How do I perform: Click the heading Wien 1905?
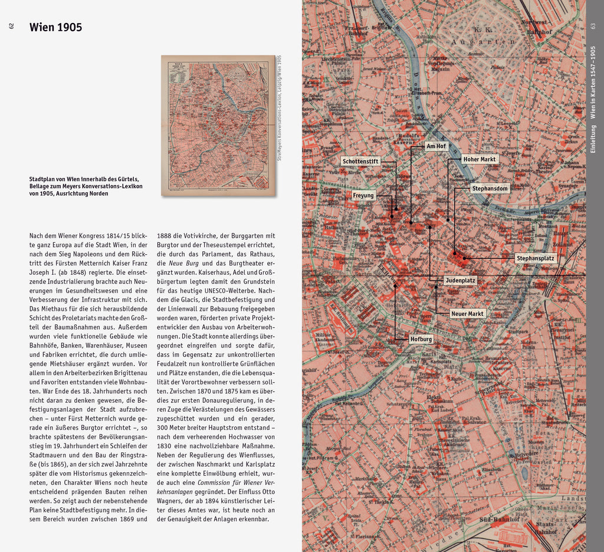[55, 27]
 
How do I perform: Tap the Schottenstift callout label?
[360, 161]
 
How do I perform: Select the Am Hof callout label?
[436, 146]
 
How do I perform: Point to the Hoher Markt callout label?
[479, 159]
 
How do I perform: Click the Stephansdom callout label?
[490, 189]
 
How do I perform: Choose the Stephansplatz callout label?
[535, 258]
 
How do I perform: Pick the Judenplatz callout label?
[460, 281]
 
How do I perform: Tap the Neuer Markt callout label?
[467, 314]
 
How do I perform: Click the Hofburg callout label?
[421, 339]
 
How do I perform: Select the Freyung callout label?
[363, 195]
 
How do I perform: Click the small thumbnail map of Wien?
[218, 126]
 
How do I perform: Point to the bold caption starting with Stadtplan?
[86, 186]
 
